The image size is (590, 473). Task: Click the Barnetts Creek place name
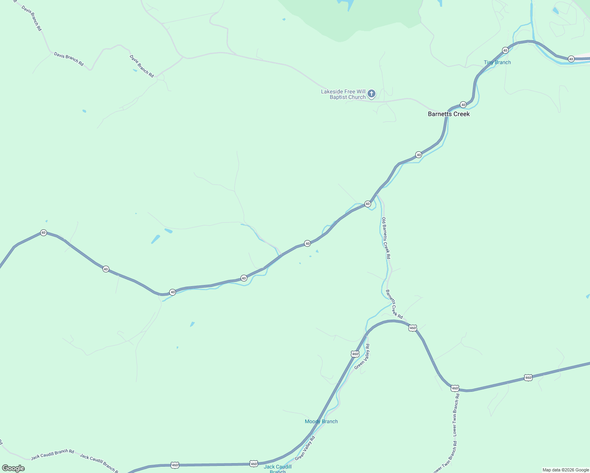(449, 114)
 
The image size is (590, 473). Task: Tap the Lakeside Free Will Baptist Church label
(343, 94)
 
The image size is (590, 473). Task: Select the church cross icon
(371, 94)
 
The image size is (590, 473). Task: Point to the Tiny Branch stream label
(497, 62)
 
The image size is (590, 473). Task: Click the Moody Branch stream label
(321, 421)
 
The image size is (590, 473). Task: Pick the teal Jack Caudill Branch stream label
(278, 468)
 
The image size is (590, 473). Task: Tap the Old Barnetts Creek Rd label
(386, 238)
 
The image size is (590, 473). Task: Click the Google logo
(13, 468)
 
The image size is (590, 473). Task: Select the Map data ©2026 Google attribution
(566, 470)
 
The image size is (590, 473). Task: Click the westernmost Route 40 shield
(43, 233)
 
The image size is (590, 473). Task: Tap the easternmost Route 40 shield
(571, 59)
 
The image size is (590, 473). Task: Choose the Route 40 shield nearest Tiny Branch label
(505, 50)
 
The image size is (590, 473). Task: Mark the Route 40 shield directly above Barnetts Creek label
(463, 105)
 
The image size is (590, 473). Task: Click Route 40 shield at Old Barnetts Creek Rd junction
(368, 204)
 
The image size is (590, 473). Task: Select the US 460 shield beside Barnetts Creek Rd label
(413, 328)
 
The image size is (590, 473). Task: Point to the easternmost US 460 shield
(528, 378)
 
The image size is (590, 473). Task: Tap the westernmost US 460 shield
(175, 466)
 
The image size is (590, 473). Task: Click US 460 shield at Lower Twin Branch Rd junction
(455, 388)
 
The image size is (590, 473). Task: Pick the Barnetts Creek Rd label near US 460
(394, 304)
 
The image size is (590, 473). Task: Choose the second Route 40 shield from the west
(106, 269)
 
